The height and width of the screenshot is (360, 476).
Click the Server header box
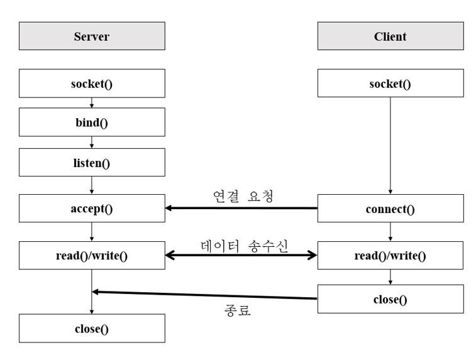coord(92,36)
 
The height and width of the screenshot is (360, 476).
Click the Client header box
coord(390,36)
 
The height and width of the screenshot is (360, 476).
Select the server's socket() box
coord(92,84)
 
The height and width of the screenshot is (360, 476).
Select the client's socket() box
coord(390,84)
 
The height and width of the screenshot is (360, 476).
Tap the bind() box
coord(92,123)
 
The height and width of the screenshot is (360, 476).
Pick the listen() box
coord(92,163)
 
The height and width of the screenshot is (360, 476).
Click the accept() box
coord(92,209)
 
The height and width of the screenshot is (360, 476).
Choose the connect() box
coord(390,209)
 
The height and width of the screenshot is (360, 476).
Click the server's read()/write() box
coord(92,255)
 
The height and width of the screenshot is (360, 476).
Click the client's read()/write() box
coord(390,255)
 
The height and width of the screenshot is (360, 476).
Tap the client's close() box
coord(390,299)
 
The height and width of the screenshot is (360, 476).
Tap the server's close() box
coord(92,329)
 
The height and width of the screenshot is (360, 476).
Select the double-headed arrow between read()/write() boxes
coord(241,256)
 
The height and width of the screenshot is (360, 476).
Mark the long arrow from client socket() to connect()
coord(390,145)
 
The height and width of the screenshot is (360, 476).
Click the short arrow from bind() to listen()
coord(92,142)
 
